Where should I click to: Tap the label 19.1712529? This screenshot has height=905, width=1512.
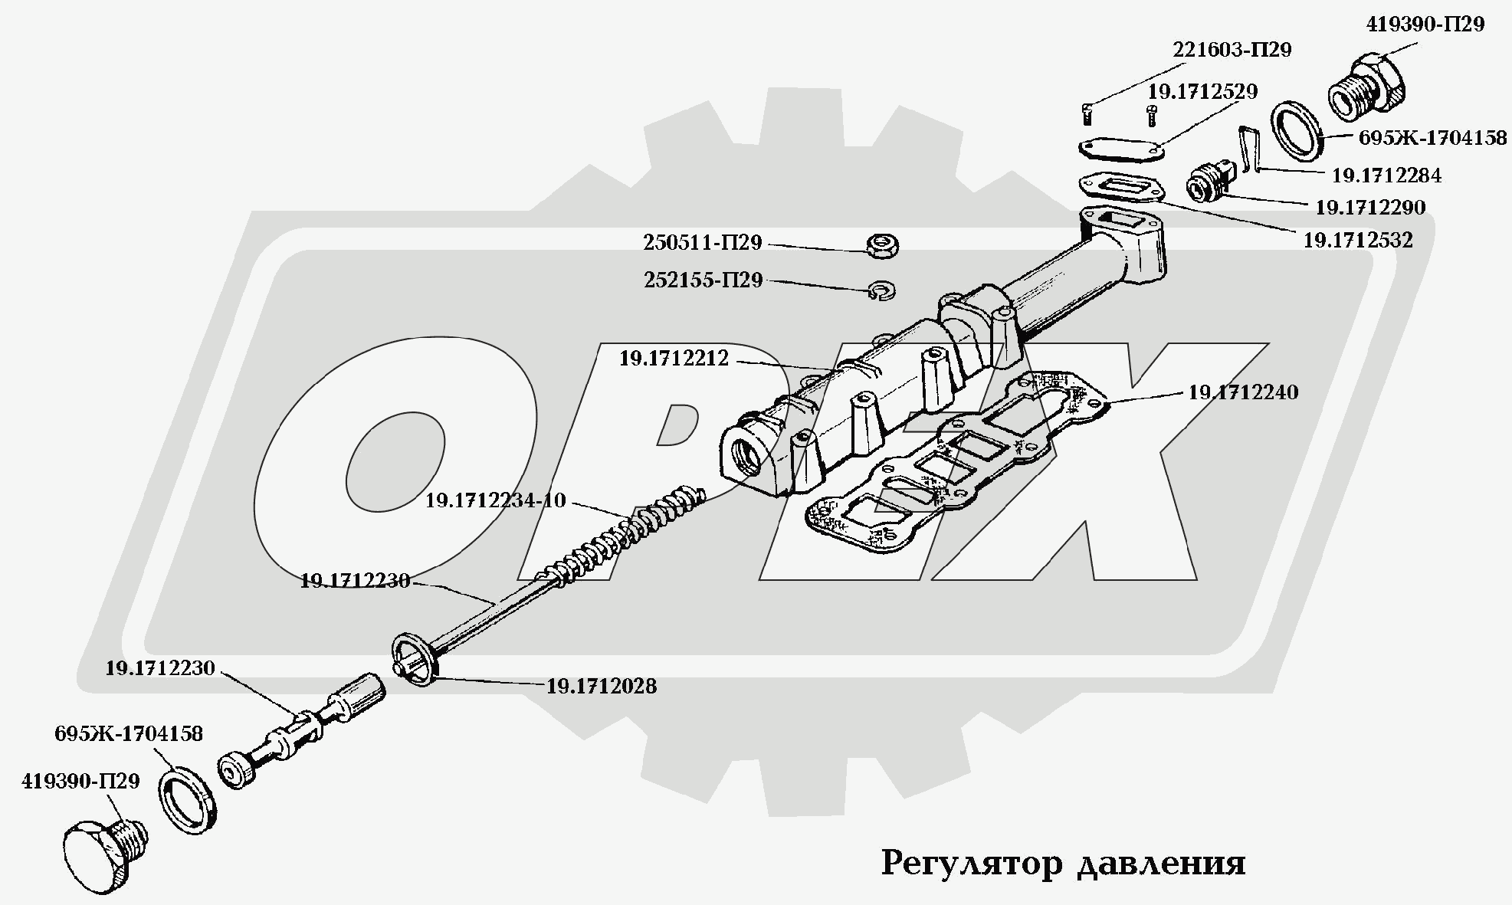click(1202, 92)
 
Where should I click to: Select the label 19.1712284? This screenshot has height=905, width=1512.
click(1386, 175)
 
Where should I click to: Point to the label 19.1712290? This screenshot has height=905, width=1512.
click(1370, 208)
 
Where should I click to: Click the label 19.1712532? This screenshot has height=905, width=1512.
click(1357, 241)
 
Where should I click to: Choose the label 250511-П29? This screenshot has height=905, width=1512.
click(702, 243)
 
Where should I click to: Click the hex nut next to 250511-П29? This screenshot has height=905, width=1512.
click(882, 246)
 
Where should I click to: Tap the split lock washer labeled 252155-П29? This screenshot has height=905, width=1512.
click(883, 290)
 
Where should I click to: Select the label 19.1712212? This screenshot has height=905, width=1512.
click(674, 358)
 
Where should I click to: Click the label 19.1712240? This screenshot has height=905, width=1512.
click(1243, 392)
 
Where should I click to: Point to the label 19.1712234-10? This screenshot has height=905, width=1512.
click(495, 501)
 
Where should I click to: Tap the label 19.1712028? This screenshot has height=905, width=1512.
click(601, 686)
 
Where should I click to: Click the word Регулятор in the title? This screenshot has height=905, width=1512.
click(972, 864)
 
